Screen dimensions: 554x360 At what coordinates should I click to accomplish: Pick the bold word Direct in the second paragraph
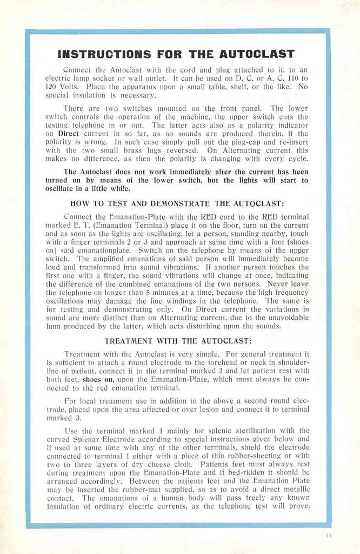pos(69,133)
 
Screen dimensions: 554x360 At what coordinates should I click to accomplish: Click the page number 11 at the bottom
pos(329,536)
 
